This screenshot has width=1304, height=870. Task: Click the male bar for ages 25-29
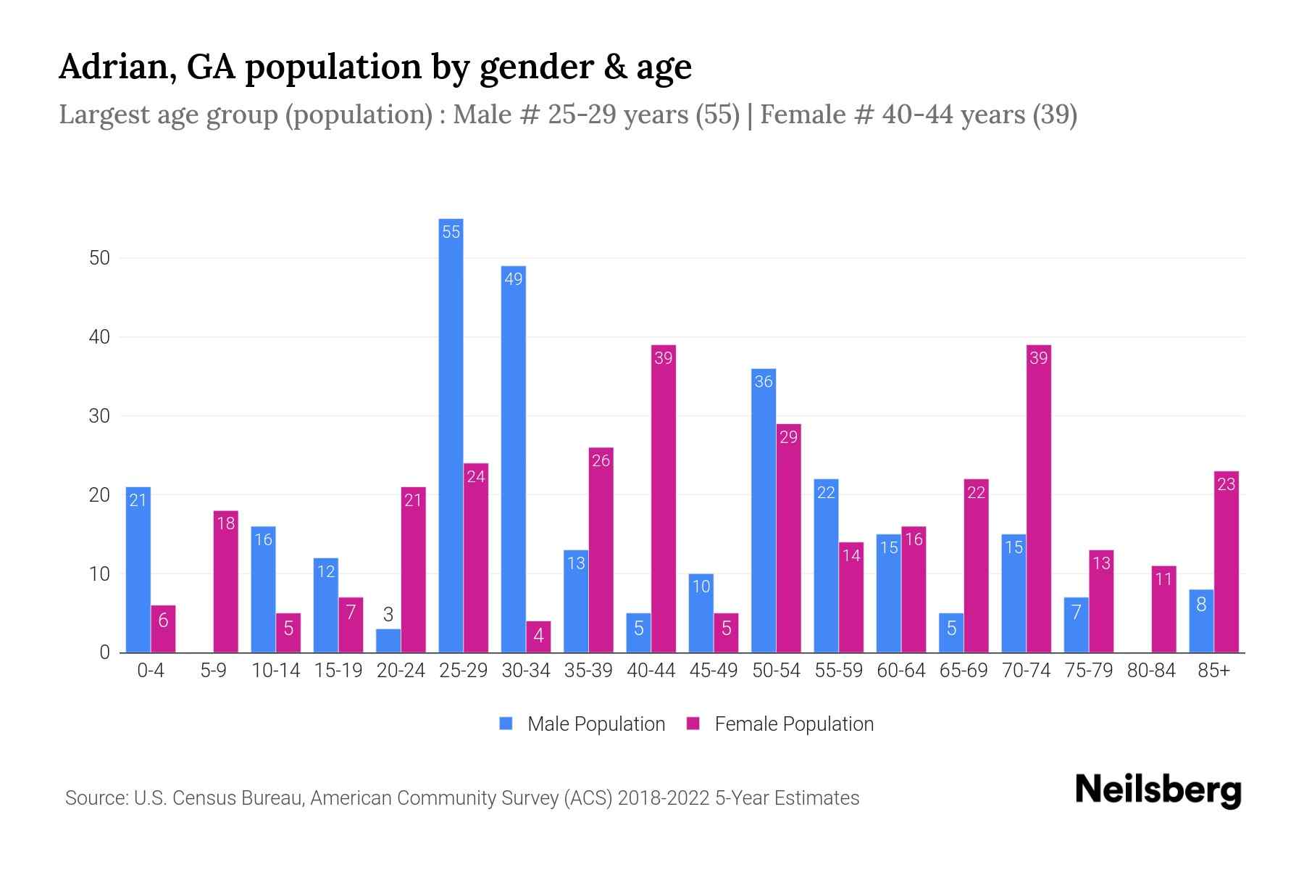pos(451,435)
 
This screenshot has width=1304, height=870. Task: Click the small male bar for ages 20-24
pos(388,641)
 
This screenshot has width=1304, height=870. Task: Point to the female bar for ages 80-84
pos(1163,609)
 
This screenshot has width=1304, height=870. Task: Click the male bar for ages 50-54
pos(764,510)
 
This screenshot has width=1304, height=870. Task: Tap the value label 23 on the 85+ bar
pos(1226,484)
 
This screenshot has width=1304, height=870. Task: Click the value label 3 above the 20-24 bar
pos(388,615)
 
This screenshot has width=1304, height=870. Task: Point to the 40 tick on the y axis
pos(99,337)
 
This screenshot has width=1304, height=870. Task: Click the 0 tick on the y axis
pos(104,652)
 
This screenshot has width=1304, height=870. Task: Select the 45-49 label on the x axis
pos(713,671)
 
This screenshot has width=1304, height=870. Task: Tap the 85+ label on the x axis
pos(1213,671)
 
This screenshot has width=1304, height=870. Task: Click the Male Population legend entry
pos(582,724)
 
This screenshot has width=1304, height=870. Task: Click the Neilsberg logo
pos(1158,790)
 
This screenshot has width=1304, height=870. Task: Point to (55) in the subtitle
pos(717,115)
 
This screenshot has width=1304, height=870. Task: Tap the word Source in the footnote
pos(95,798)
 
